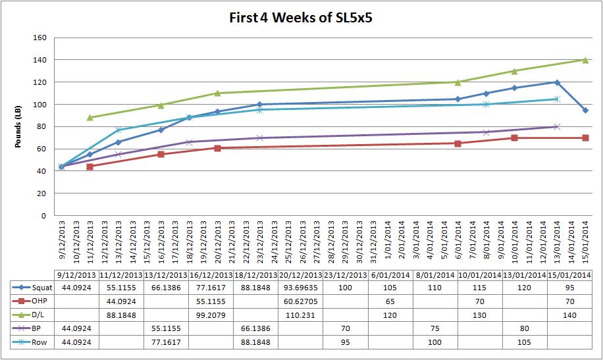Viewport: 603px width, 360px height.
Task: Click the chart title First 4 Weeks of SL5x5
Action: click(x=301, y=18)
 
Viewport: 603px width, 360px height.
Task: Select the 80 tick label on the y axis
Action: click(x=41, y=126)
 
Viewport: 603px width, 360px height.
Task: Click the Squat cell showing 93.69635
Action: click(x=301, y=288)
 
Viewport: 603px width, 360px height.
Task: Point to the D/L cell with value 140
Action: click(x=570, y=315)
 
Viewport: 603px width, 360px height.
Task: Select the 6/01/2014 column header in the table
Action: click(x=390, y=274)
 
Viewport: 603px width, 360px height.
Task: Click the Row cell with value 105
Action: click(x=525, y=342)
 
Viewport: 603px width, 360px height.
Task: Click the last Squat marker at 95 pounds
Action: click(x=585, y=110)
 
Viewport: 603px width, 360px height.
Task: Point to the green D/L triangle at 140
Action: click(x=585, y=60)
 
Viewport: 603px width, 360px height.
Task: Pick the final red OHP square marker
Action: click(x=585, y=138)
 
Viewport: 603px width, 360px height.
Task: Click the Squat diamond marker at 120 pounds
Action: click(x=557, y=82)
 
